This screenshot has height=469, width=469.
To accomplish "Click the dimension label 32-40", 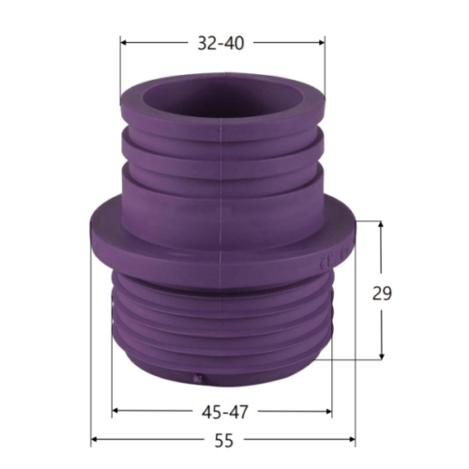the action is [220, 43].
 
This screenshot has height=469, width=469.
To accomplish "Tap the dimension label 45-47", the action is [224, 412].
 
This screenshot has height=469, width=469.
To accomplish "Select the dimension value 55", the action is [224, 441].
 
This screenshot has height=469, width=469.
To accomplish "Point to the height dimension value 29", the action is [382, 294].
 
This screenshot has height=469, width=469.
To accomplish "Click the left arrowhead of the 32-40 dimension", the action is [124, 42].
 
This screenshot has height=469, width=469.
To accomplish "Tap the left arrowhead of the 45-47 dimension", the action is [115, 411].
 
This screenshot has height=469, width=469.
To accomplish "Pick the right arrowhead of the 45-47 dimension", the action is [328, 412].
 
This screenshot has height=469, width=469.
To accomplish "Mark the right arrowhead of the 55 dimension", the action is [352, 439].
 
